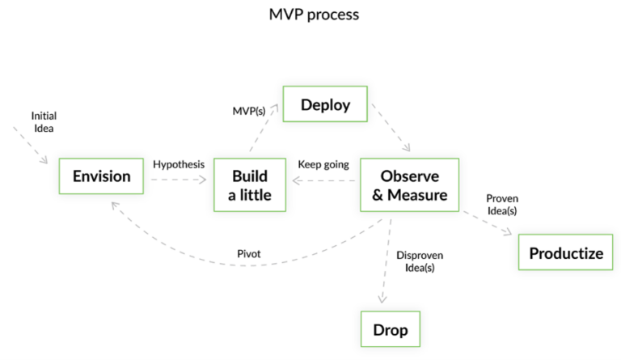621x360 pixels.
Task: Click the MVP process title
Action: pos(314,15)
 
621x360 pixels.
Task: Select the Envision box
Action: pos(101,176)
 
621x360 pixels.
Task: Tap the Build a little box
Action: pos(250,185)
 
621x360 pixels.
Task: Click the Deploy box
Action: pos(325,104)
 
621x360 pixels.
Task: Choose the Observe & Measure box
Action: pos(409,185)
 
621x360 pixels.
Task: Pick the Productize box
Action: pos(565,252)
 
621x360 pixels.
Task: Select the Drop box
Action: pos(391,329)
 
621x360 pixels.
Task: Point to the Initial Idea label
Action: pos(44,122)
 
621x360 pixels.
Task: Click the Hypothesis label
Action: pos(179,164)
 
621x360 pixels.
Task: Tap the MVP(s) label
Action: pos(249,112)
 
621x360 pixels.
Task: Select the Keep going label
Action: pos(323,164)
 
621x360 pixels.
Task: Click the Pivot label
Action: pos(249,254)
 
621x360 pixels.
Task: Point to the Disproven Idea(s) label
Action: pos(420,261)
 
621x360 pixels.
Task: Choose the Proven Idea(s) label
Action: pos(502,205)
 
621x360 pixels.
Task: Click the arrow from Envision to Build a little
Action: pos(179,180)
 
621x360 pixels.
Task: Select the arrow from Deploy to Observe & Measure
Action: pos(391,128)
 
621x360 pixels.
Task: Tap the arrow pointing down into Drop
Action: pos(386,261)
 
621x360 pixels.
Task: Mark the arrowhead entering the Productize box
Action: pos(508,231)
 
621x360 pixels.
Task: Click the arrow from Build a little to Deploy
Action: pos(264,128)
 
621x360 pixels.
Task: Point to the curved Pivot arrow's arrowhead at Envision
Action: pos(115,206)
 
